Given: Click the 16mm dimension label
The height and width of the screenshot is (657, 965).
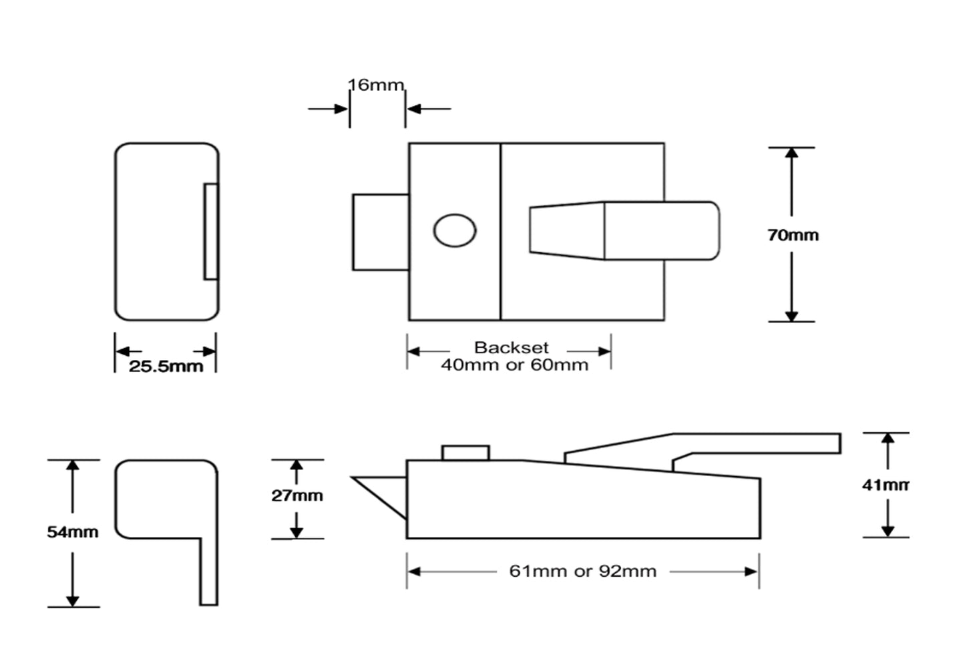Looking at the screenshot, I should tap(376, 85).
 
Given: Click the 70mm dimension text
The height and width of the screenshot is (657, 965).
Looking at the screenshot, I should tap(793, 235).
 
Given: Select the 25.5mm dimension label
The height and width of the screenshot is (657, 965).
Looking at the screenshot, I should tap(166, 366).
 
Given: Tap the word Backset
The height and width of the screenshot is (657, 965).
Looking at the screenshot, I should tap(511, 347).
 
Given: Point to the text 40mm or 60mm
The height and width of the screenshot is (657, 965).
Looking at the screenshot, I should tap(514, 365).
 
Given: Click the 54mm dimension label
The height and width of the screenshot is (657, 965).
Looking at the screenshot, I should tap(72, 532).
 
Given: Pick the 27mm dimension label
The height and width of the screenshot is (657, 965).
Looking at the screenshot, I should tap(297, 495).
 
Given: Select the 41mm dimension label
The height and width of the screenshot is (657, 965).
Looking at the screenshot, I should tap(885, 485).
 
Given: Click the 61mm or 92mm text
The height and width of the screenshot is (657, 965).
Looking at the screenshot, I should tap(582, 572).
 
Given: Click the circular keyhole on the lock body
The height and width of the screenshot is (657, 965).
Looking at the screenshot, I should tap(454, 230).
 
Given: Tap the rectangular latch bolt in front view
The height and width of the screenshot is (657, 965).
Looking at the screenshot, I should tap(380, 232).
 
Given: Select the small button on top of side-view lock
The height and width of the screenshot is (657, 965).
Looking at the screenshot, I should tap(465, 453).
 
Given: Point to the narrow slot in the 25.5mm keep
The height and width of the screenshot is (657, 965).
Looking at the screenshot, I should tap(210, 231).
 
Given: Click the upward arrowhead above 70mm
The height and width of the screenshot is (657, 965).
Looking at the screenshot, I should tap(792, 153).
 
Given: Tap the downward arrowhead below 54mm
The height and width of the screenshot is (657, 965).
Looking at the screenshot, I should tap(73, 600).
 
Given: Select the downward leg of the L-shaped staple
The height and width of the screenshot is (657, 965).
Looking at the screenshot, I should tap(209, 571).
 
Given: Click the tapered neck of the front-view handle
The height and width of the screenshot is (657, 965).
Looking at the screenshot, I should tap(566, 231).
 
